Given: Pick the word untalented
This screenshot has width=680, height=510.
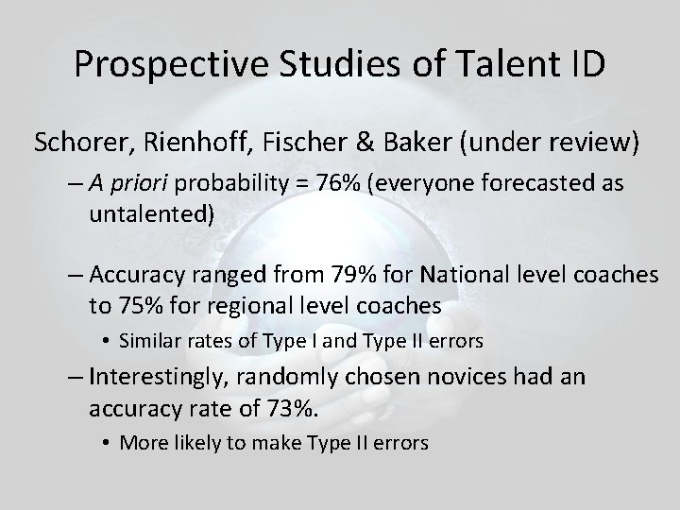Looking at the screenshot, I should [x=152, y=213].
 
